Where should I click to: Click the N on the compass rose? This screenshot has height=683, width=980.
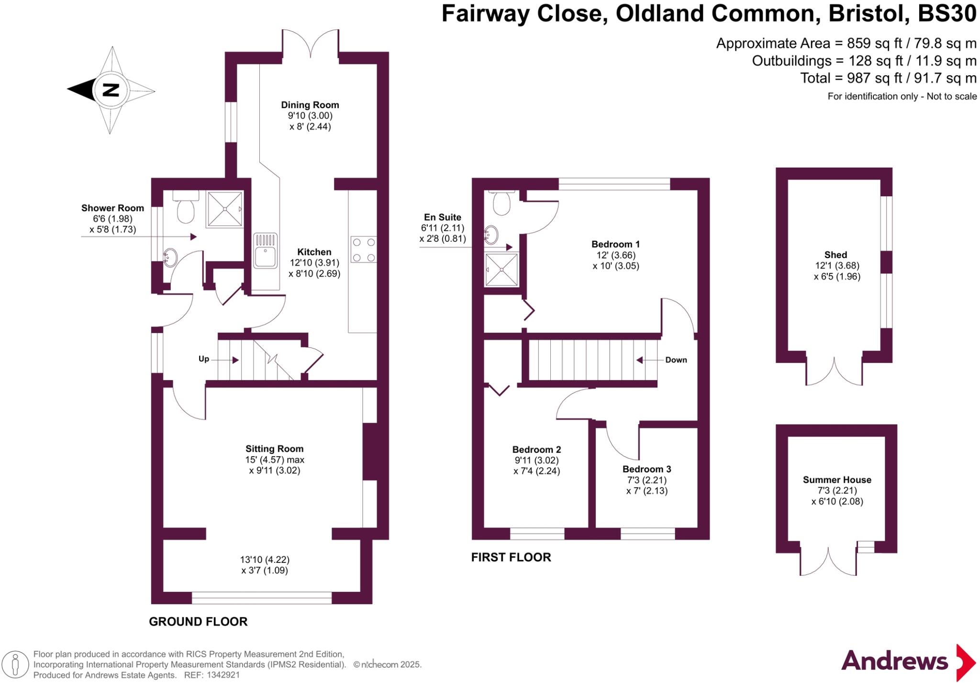pos(111,90)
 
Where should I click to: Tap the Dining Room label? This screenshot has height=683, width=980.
pos(310,105)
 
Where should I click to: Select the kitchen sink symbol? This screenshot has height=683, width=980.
pos(265,250)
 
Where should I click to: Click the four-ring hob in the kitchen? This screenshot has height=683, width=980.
pos(363,250)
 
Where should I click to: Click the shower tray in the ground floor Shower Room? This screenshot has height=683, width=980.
pos(224,209)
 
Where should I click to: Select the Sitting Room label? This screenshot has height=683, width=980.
pos(274,449)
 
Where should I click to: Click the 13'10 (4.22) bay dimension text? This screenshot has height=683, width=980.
pos(265,560)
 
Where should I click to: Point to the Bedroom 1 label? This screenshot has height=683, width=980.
pos(615,245)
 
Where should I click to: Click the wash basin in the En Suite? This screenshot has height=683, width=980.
pos(491,235)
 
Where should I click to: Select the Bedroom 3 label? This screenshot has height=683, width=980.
pos(646,469)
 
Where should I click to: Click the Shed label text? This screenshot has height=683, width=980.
pos(835,255)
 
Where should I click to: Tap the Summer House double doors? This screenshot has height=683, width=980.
pos(828,562)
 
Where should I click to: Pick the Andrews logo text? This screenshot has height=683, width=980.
pos(894,661)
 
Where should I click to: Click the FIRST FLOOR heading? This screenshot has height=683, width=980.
pos(511,557)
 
